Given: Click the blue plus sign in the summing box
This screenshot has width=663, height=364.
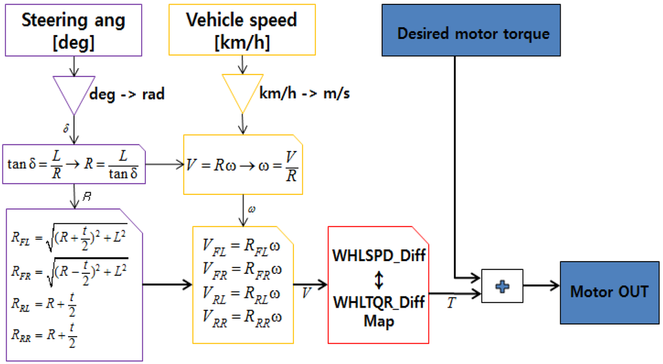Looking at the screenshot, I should click(x=502, y=286).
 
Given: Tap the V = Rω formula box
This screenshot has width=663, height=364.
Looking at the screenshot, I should click(x=242, y=164).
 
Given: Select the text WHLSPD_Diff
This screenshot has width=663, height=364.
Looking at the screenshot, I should click(x=379, y=255).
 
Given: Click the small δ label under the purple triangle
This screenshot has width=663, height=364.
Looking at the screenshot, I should click(x=66, y=130).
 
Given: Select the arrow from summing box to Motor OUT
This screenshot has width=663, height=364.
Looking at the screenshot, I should click(x=541, y=285).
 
